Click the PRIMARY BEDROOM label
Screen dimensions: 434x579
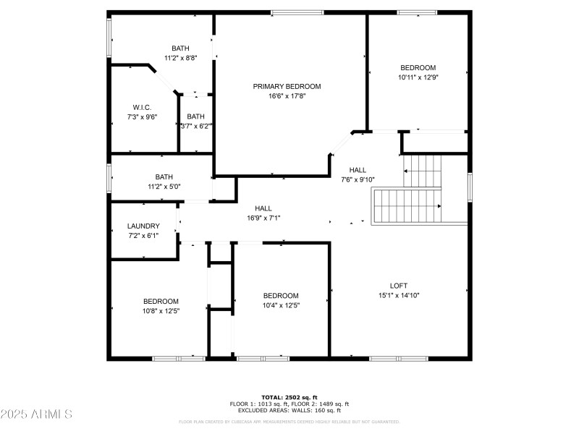coord(287,86)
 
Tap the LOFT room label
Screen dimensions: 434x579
coord(399,286)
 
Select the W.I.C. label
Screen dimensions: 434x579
coord(142,107)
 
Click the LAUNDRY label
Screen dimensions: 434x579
coord(143,226)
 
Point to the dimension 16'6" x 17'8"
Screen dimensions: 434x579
coord(287,95)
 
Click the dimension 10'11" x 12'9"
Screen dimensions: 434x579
coord(418,77)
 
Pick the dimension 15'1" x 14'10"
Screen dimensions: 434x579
coord(399,295)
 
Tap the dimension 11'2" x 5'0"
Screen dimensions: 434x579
coord(164,186)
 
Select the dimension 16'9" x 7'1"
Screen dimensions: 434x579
coord(263,218)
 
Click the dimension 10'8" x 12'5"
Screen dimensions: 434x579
coord(160,311)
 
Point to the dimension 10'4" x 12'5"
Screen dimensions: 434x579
coord(280,305)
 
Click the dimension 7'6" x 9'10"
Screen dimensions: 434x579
coord(358,179)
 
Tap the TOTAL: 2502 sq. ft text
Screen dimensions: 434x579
coord(289,397)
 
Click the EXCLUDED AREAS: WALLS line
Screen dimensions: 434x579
coord(289,410)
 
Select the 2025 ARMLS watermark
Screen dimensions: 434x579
coord(36,414)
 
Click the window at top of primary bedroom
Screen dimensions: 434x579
coord(297,12)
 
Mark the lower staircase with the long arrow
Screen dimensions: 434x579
coord(407,206)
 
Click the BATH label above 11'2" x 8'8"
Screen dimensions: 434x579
coord(180,48)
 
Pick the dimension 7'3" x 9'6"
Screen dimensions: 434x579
coord(142,116)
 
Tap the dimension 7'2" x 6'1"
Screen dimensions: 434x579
coord(143,235)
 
